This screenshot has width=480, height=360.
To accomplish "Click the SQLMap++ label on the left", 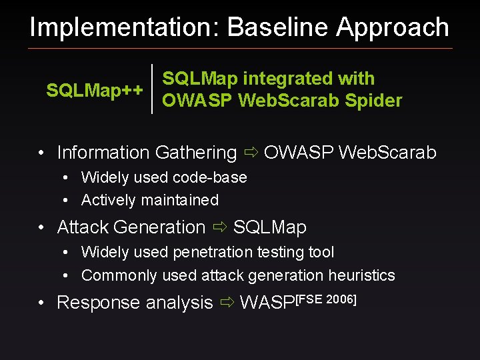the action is click(x=94, y=91).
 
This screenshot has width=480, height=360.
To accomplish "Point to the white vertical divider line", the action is click(x=153, y=89).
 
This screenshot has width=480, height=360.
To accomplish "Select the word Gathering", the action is click(x=196, y=153).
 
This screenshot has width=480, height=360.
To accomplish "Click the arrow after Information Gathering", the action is click(x=251, y=153).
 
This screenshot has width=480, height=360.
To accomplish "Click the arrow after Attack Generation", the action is click(x=219, y=227).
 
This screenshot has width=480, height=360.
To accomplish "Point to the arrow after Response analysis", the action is click(x=227, y=303).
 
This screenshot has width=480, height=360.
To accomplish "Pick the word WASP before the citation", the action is click(x=266, y=303).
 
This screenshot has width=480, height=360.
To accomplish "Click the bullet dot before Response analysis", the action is click(x=41, y=303).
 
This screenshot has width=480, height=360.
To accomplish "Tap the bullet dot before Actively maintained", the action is click(x=67, y=200).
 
